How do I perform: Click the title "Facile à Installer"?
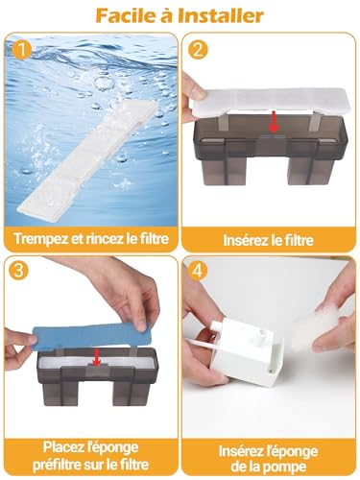pyautogui.click(x=180, y=15)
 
